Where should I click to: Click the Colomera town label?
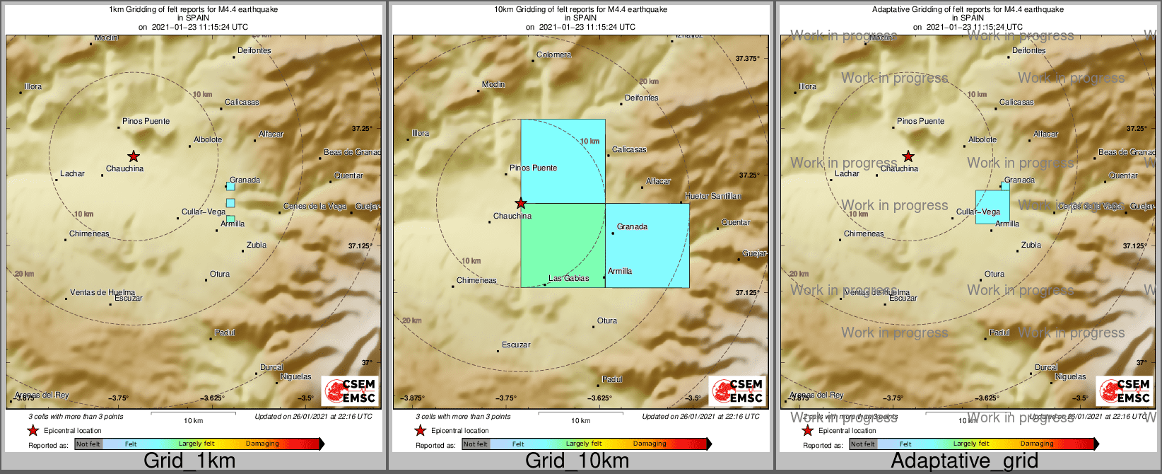pyautogui.click(x=553, y=54)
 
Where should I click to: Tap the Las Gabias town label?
pyautogui.click(x=568, y=278)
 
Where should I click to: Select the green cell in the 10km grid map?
pyautogui.click(x=563, y=245)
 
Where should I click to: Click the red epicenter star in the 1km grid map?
pyautogui.click(x=134, y=156)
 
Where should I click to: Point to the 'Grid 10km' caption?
pyautogui.click(x=577, y=461)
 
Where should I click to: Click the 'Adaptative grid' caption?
pyautogui.click(x=964, y=461)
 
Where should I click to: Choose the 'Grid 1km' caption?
pyautogui.click(x=189, y=461)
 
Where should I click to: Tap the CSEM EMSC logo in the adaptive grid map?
pyautogui.click(x=1125, y=391)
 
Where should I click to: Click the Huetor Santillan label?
pyautogui.click(x=712, y=196)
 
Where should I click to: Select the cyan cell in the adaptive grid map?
pyautogui.click(x=992, y=207)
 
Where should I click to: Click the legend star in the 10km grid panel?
pyautogui.click(x=420, y=430)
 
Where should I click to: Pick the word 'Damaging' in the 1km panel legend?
pyautogui.click(x=262, y=444)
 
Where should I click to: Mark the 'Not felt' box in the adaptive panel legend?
pyautogui.click(x=862, y=444)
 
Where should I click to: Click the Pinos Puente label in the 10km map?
pyautogui.click(x=533, y=168)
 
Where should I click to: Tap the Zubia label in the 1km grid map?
pyautogui.click(x=256, y=245)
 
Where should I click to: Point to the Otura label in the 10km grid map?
pyautogui.click(x=606, y=320)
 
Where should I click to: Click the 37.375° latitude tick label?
pyautogui.click(x=746, y=59)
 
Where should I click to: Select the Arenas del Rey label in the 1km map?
pyautogui.click(x=42, y=395)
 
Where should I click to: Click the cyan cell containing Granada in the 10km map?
pyautogui.click(x=647, y=245)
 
